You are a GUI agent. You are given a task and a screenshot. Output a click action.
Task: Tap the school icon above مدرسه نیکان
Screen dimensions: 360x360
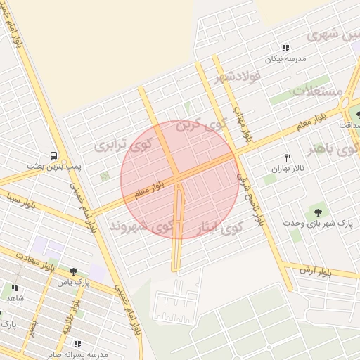pos(285,48)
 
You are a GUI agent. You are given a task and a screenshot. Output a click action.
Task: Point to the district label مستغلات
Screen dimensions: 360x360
pos(317,92)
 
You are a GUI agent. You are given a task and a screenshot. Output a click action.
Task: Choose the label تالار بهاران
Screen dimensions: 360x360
pos(288,169)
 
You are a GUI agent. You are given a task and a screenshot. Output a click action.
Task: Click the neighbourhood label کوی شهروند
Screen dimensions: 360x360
pos(140,226)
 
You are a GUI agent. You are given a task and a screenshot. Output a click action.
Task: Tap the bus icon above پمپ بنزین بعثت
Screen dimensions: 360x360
pos(53,155)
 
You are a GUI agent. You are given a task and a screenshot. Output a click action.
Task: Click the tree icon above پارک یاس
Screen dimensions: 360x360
pos(73,271)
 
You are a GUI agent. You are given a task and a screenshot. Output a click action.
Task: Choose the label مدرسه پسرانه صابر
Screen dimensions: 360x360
pos(70,355)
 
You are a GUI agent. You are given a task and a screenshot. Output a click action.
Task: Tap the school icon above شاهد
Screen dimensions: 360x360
pos(15,287)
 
